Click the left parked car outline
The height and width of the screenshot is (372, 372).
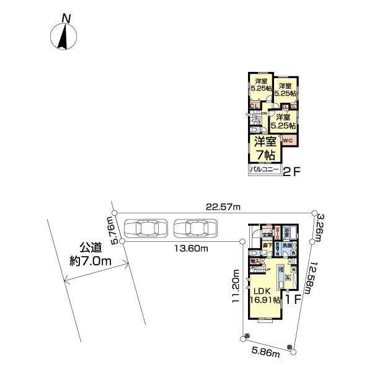pyautogui.click(x=146, y=229)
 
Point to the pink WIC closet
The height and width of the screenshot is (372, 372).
pyautogui.click(x=288, y=141)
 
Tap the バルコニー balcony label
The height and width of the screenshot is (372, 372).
pyautogui.click(x=264, y=168)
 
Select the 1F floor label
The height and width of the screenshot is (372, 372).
pyautogui.click(x=293, y=299)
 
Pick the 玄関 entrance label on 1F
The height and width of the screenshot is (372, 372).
pyautogui.click(x=267, y=234)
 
